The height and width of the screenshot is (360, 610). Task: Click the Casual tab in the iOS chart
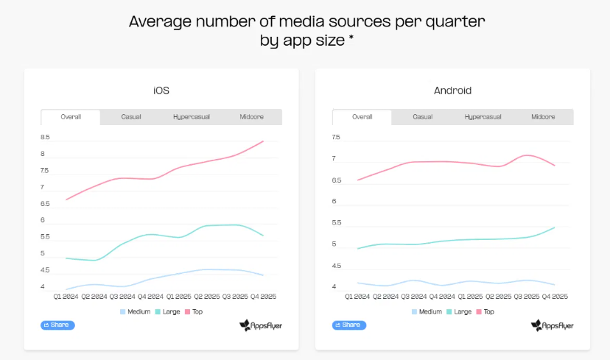(x=131, y=117)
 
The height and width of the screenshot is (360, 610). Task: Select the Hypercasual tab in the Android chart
(x=483, y=117)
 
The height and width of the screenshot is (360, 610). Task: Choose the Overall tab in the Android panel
(x=362, y=117)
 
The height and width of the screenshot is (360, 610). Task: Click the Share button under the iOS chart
(x=57, y=325)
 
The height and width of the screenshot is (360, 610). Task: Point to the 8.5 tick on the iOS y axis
(x=45, y=137)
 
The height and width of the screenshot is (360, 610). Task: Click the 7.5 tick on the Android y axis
(x=337, y=137)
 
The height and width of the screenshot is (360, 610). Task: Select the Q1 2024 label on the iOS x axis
(x=67, y=297)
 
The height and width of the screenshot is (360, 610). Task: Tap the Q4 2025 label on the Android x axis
(x=553, y=297)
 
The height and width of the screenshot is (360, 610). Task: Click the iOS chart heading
(x=161, y=91)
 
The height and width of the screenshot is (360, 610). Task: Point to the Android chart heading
(x=452, y=91)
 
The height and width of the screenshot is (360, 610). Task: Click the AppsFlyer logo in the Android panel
(x=552, y=325)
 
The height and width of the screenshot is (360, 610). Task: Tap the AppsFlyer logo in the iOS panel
(x=261, y=325)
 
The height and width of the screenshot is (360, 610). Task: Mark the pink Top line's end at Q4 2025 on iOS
(x=263, y=141)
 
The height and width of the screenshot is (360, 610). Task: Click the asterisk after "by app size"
(x=351, y=38)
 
